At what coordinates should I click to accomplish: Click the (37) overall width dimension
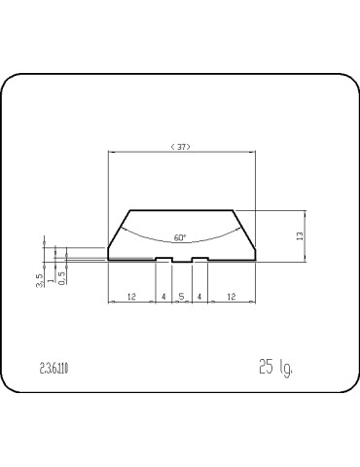pyautogui.click(x=180, y=147)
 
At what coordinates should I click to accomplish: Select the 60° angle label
pyautogui.click(x=180, y=236)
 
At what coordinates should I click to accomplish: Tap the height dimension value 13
pyautogui.click(x=301, y=234)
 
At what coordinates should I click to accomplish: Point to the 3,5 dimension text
pyautogui.click(x=39, y=280)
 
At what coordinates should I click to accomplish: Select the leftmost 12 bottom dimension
pyautogui.click(x=131, y=296)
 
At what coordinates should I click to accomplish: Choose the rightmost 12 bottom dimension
pyautogui.click(x=230, y=296)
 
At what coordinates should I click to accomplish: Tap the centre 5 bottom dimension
pyautogui.click(x=181, y=296)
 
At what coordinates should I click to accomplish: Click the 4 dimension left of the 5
pyautogui.click(x=163, y=296)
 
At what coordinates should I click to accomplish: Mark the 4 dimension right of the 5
pyautogui.click(x=198, y=296)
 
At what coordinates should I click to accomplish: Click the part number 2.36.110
pyautogui.click(x=54, y=367)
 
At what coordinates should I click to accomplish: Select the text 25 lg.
pyautogui.click(x=275, y=367)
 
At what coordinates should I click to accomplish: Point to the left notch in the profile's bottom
pyautogui.click(x=163, y=258)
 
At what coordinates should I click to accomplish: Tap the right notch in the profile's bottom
pyautogui.click(x=198, y=258)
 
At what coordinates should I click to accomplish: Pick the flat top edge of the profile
pyautogui.click(x=181, y=209)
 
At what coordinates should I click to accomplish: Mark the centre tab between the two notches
pyautogui.click(x=181, y=262)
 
